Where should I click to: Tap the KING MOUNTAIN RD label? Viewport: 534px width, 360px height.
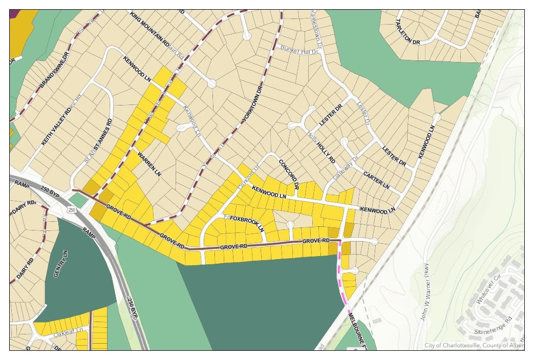[149, 30]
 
